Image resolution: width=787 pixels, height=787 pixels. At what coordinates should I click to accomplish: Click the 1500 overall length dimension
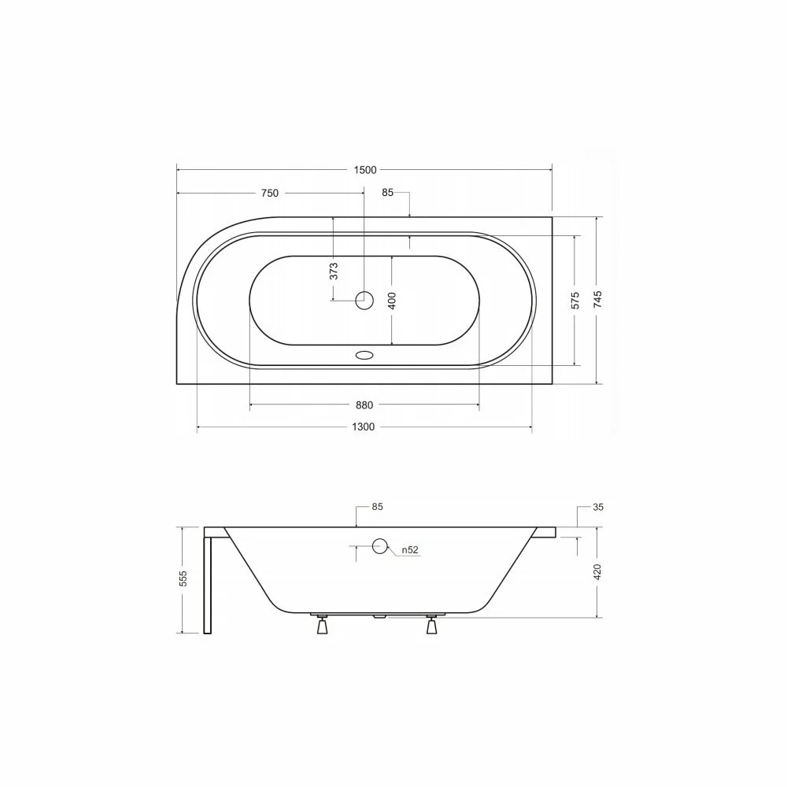pyautogui.click(x=364, y=169)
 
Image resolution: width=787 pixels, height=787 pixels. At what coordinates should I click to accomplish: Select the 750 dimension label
pyautogui.click(x=269, y=194)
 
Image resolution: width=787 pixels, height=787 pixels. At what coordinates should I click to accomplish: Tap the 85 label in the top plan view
pyautogui.click(x=387, y=193)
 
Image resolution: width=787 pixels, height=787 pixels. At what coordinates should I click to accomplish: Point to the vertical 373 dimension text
pyautogui.click(x=334, y=271)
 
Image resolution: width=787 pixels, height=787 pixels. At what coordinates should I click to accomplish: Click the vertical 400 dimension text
pyautogui.click(x=392, y=300)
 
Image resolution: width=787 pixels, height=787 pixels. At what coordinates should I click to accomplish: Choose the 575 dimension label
pyautogui.click(x=575, y=300)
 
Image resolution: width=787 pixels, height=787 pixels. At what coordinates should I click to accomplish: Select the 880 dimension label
pyautogui.click(x=364, y=405)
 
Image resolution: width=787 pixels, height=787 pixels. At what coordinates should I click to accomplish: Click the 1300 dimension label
pyautogui.click(x=363, y=427)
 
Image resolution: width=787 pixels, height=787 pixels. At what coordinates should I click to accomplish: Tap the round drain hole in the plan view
pyautogui.click(x=364, y=299)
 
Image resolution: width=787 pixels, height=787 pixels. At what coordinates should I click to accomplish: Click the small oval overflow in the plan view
pyautogui.click(x=364, y=355)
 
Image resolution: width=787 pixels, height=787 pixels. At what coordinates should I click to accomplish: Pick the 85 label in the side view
pyautogui.click(x=377, y=508)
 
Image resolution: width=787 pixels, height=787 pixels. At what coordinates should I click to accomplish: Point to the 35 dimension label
pyautogui.click(x=598, y=508)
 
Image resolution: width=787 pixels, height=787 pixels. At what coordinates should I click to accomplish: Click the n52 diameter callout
pyautogui.click(x=410, y=550)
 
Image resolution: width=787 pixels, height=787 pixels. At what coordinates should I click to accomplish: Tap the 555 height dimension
pyautogui.click(x=183, y=579)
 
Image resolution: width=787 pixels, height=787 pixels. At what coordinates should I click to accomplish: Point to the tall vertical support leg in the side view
pyautogui.click(x=209, y=582)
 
